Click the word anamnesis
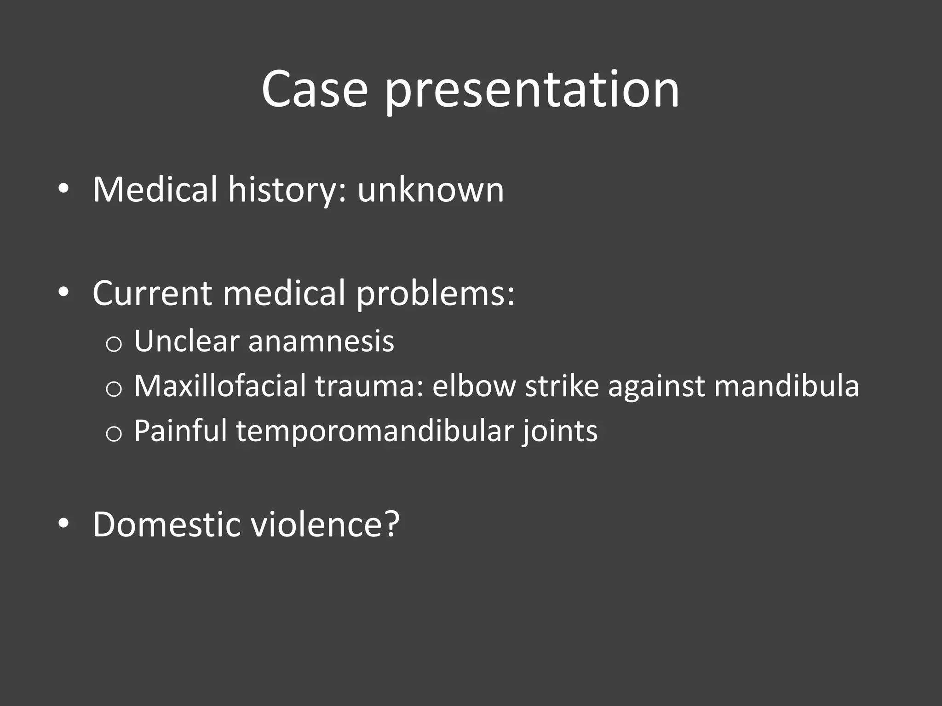[321, 341]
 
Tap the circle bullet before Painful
[114, 433]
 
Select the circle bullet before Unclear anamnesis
[114, 344]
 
